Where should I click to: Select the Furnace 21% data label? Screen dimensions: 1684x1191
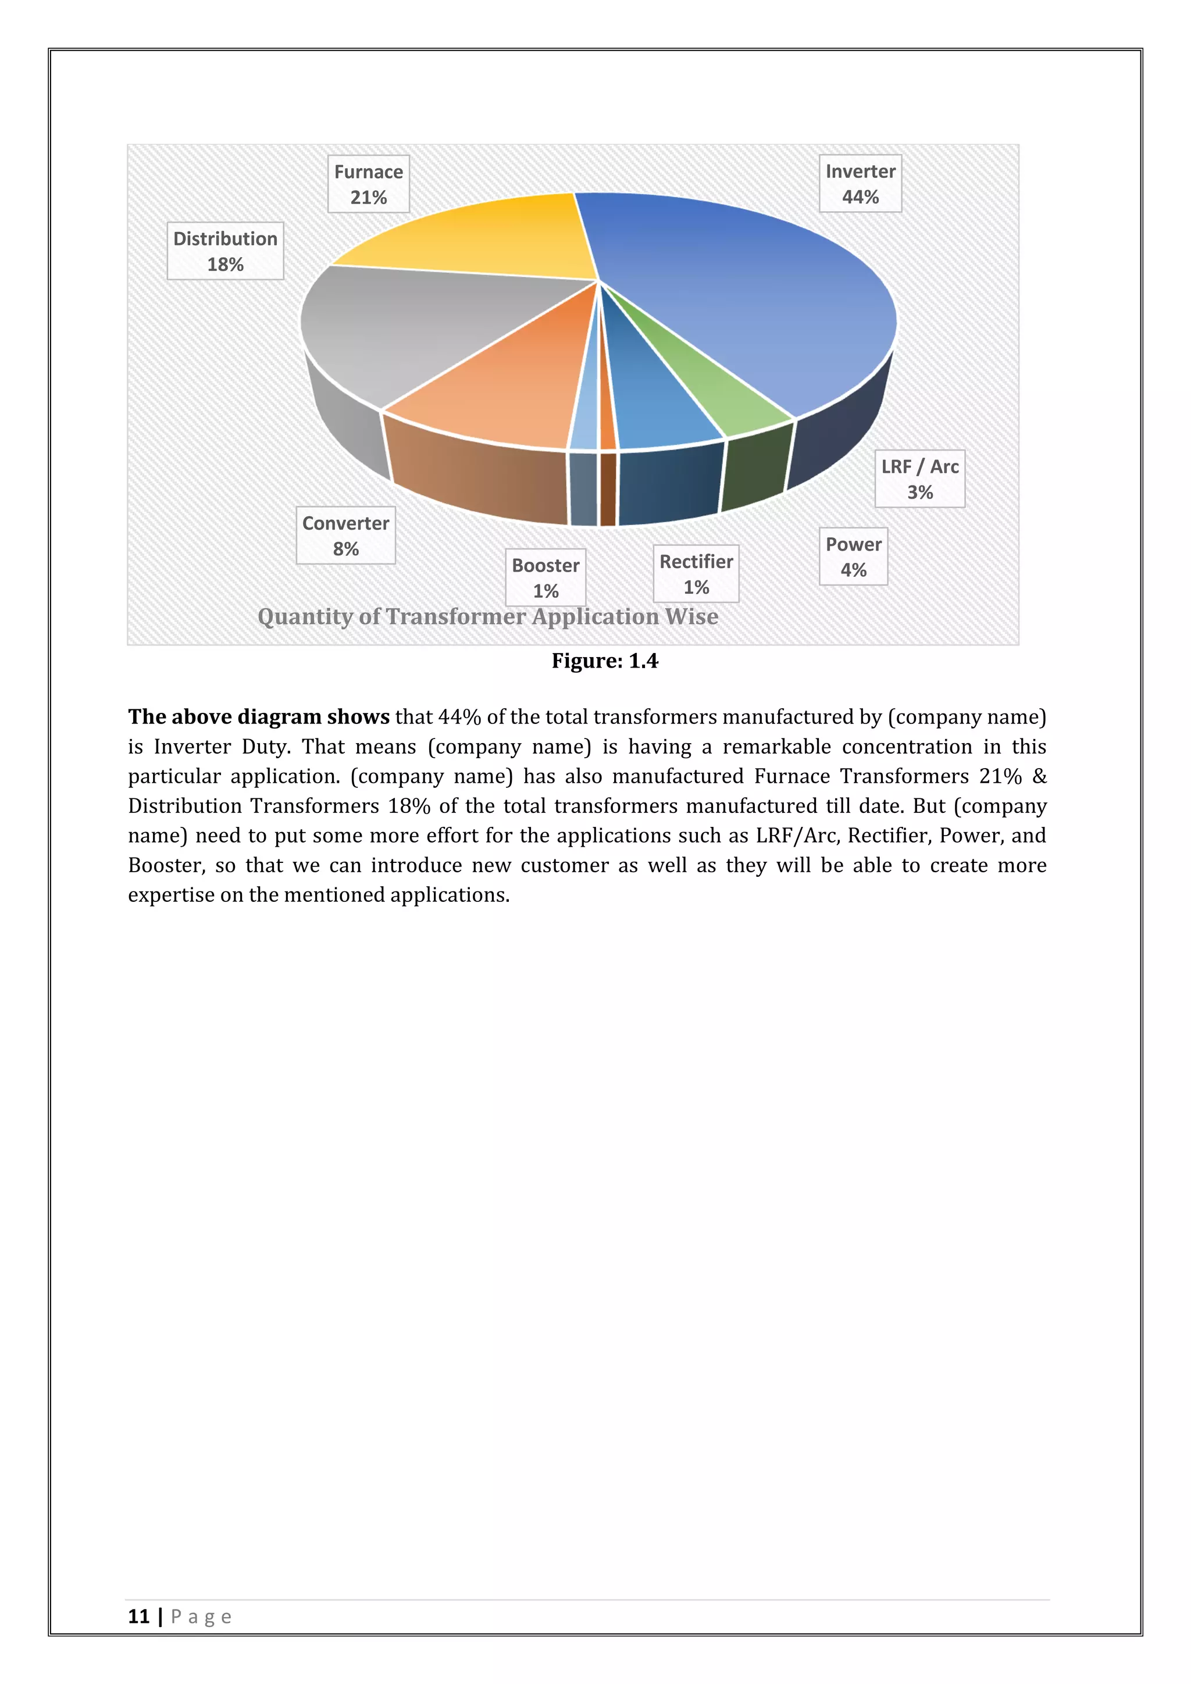coord(368,184)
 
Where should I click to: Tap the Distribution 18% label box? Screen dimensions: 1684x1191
coord(225,251)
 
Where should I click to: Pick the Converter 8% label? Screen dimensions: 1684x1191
coord(345,536)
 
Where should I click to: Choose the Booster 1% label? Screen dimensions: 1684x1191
coord(545,577)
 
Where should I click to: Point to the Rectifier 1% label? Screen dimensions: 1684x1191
coord(696,573)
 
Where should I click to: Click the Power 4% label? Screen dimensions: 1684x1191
coord(853,556)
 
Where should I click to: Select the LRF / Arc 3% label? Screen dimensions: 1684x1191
coord(919,479)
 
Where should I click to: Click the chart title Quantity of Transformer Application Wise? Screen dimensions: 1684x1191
coord(488,617)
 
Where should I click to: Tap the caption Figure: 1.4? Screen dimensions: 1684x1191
coord(604,661)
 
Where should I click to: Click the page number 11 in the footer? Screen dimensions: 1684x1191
coord(138,1617)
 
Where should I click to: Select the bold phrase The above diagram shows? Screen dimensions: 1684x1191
coord(258,716)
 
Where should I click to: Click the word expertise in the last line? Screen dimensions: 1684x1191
coord(174,895)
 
